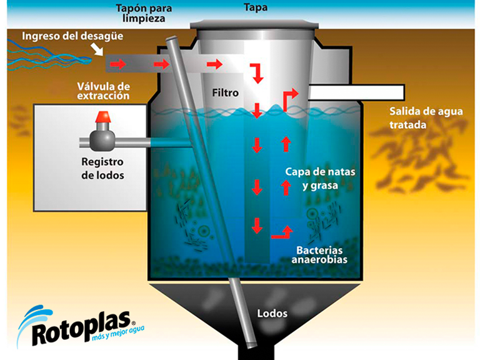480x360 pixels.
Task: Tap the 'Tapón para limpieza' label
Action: [x=143, y=14]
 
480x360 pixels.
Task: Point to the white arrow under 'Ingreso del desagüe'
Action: [x=97, y=49]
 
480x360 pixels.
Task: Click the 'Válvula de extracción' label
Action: [x=103, y=91]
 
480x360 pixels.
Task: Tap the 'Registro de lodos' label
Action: [x=102, y=168]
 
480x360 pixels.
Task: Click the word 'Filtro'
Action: [x=226, y=92]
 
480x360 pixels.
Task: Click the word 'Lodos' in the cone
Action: [x=272, y=312]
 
